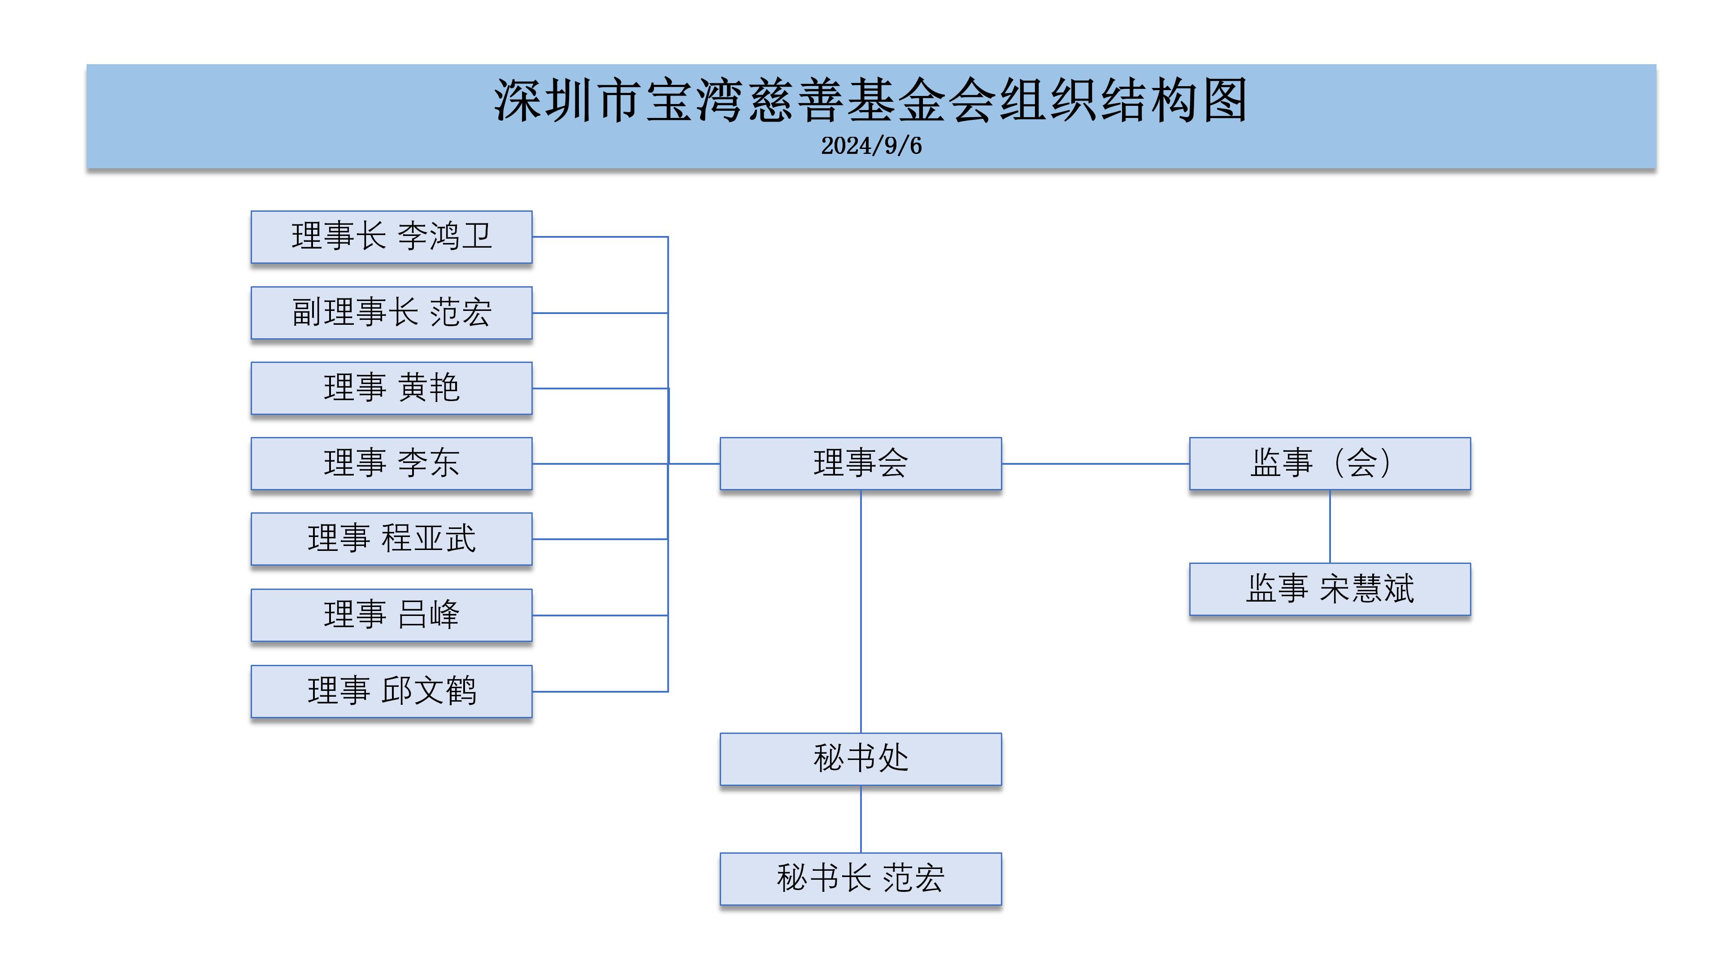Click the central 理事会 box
[861, 463]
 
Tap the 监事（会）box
[1330, 463]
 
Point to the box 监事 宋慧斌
[1330, 589]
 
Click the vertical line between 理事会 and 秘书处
[861, 612]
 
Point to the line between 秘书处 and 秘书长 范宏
[861, 819]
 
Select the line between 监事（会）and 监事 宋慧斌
[1330, 526]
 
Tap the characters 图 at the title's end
[1225, 100]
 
